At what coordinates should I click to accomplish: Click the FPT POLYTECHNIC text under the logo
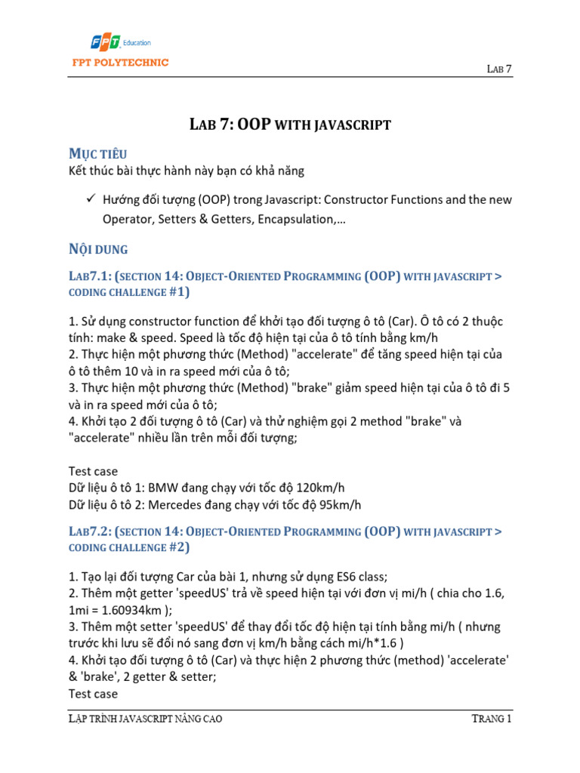click(116, 63)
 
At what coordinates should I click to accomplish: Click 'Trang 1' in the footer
click(490, 718)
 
